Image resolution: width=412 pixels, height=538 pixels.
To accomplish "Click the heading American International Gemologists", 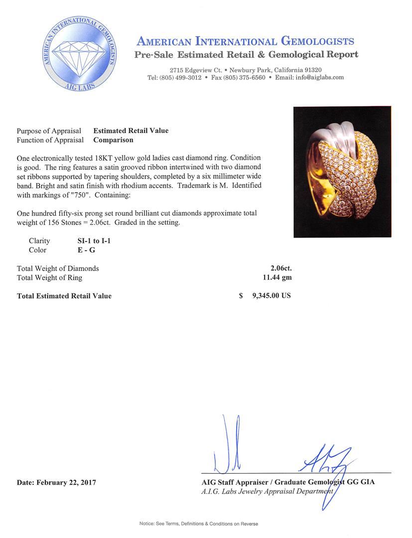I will click(x=246, y=41).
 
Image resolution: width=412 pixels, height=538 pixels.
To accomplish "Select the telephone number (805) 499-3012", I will click(x=180, y=78).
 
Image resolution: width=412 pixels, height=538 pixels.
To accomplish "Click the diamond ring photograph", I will click(x=342, y=172).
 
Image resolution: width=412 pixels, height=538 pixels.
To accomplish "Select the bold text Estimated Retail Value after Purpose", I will click(x=131, y=131).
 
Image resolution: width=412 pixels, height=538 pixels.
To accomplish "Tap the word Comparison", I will click(x=113, y=140).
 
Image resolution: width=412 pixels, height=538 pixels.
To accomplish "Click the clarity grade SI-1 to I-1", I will click(x=90, y=241).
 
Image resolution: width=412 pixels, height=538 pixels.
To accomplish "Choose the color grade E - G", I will click(x=83, y=250).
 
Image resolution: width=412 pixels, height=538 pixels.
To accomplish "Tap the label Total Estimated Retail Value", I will click(x=64, y=296).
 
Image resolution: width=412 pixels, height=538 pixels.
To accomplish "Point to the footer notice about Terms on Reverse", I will click(x=198, y=524).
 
